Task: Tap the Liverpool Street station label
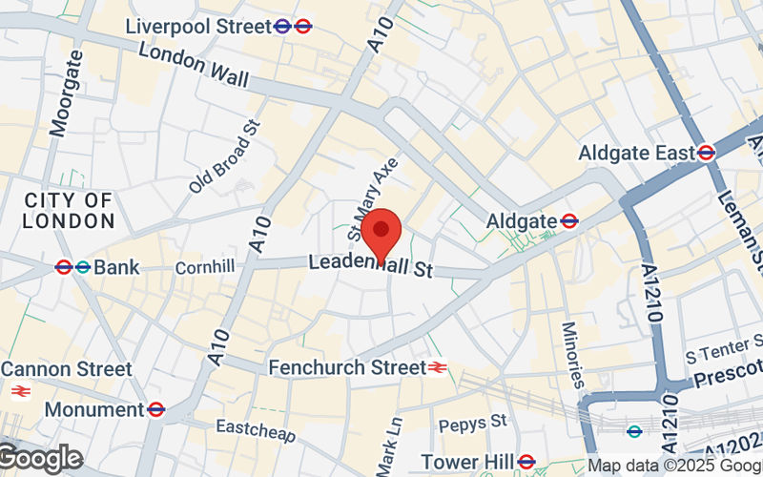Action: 198,27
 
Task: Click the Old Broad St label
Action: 224,156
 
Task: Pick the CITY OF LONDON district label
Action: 69,210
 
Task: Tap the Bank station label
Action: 116,267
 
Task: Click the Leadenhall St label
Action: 370,266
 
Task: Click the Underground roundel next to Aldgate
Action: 569,220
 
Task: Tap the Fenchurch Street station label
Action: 346,367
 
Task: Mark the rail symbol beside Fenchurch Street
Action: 438,367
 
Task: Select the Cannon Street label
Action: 67,368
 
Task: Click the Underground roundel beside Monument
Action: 156,409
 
